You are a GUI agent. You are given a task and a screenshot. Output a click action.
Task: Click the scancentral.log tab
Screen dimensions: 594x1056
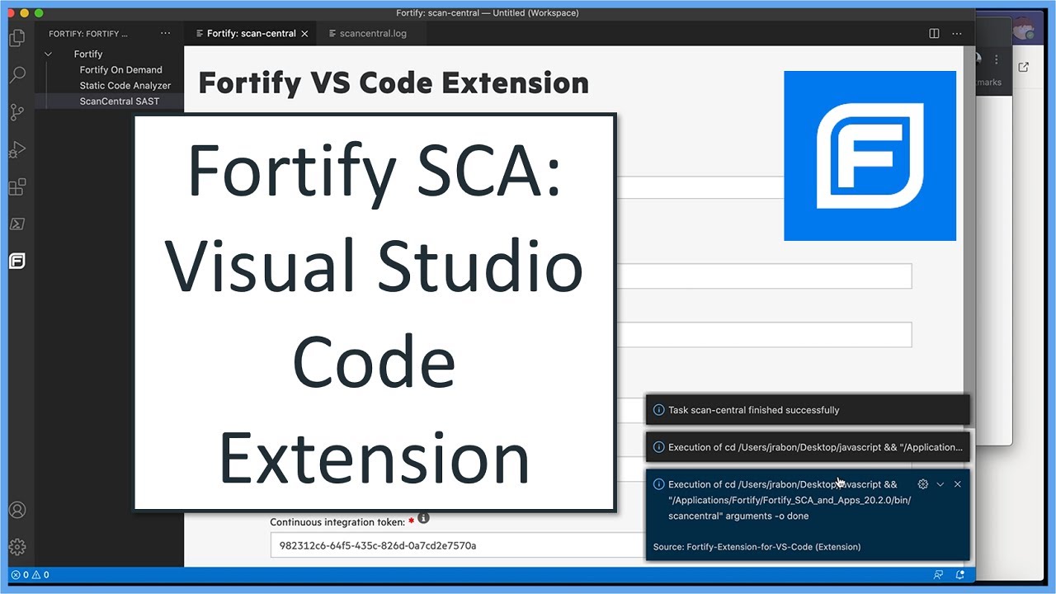click(372, 34)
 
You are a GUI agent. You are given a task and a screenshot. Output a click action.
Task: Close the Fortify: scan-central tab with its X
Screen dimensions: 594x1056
click(304, 34)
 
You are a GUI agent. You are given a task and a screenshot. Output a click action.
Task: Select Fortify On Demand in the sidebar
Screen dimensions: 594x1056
click(120, 70)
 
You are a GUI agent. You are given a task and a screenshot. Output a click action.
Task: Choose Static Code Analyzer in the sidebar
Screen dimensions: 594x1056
click(125, 86)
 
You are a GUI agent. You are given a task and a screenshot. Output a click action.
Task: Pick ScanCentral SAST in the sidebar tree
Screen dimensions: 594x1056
click(120, 101)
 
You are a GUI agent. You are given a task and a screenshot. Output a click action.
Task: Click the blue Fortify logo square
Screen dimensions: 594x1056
click(870, 156)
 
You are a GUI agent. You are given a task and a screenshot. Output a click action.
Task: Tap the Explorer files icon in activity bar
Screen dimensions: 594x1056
click(16, 38)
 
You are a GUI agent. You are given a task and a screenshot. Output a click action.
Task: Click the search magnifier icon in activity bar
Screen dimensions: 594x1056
click(16, 75)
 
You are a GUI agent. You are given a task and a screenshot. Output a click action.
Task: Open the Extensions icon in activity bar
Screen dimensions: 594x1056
click(16, 187)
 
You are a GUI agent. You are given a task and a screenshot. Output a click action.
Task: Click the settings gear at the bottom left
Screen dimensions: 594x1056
click(16, 547)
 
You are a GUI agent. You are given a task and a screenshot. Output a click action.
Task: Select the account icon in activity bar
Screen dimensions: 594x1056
click(16, 510)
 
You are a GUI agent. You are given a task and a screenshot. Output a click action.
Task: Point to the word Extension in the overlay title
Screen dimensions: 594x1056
click(374, 458)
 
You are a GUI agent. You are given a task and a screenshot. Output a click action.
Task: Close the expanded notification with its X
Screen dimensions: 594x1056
click(957, 484)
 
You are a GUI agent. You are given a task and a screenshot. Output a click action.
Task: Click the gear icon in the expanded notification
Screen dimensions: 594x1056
click(923, 484)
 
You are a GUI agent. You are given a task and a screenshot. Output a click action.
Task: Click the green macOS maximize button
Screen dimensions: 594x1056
click(39, 13)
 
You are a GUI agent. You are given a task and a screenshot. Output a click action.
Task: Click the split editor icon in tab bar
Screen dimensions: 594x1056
click(934, 34)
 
